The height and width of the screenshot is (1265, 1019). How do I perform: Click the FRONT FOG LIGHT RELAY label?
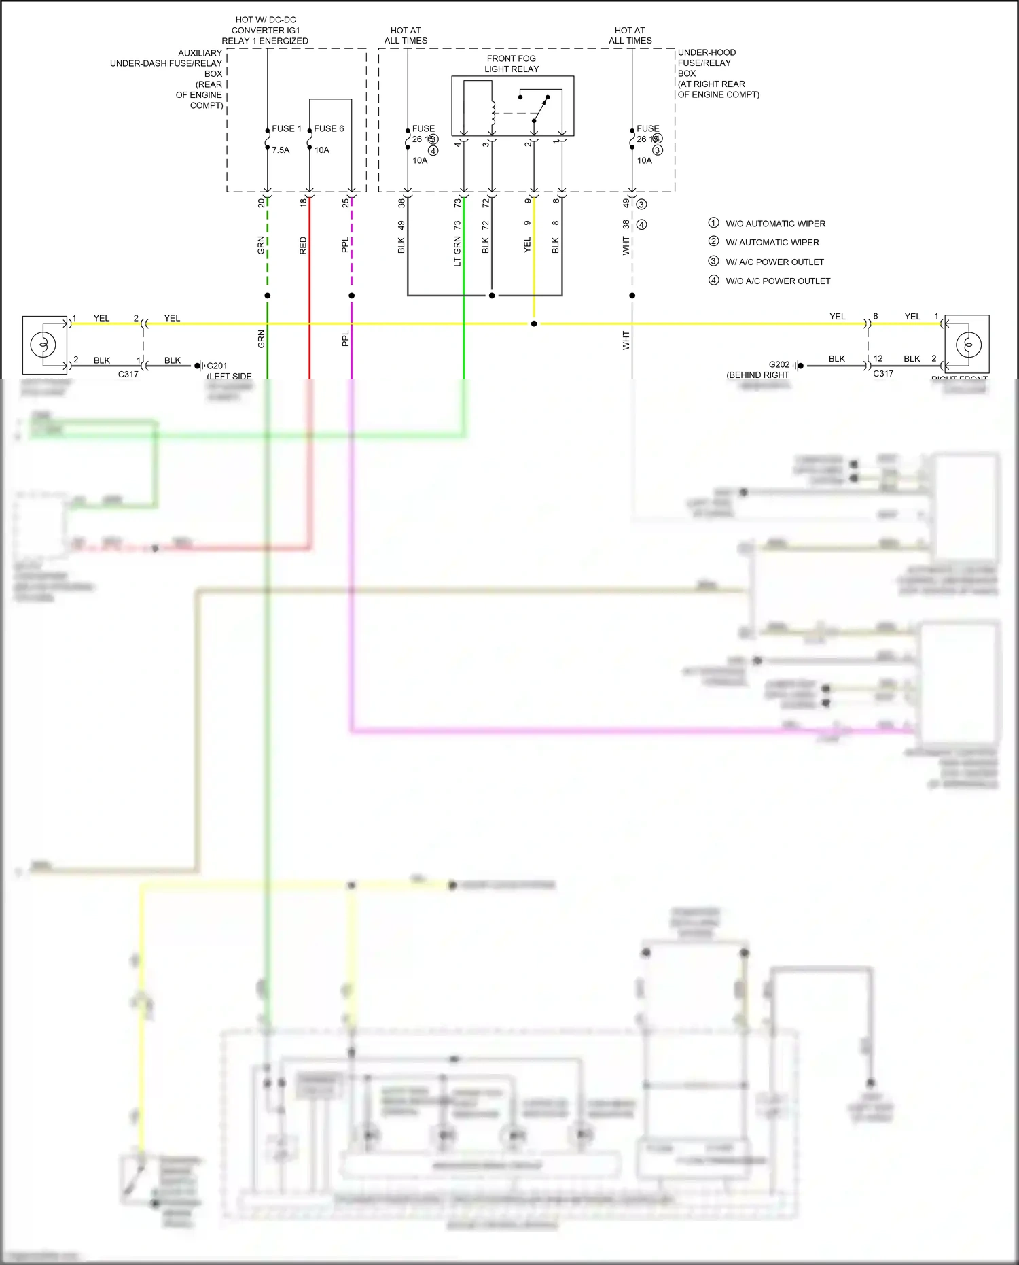(x=512, y=64)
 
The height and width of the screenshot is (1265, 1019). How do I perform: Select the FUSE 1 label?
(x=286, y=128)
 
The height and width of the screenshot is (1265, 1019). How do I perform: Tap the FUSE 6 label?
(x=329, y=128)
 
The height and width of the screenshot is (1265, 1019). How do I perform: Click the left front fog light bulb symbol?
(x=43, y=345)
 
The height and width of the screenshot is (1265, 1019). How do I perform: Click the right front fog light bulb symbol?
(x=968, y=345)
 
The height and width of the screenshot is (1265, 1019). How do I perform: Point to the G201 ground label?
(x=217, y=366)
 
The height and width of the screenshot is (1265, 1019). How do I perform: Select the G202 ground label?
(x=779, y=365)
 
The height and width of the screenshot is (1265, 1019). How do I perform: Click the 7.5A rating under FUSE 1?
(x=281, y=150)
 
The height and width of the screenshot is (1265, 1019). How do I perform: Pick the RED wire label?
(x=303, y=245)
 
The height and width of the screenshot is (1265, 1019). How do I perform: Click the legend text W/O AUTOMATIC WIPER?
(x=775, y=224)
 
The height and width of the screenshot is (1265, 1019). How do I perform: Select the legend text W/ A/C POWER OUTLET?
(x=774, y=262)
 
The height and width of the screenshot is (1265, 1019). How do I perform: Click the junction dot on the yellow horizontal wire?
(x=534, y=324)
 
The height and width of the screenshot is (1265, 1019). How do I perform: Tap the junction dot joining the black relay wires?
(x=492, y=296)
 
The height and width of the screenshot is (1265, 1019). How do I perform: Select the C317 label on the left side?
(x=128, y=375)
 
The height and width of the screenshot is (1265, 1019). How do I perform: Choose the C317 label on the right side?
(x=883, y=374)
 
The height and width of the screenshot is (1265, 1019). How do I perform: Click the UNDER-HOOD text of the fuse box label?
(x=707, y=52)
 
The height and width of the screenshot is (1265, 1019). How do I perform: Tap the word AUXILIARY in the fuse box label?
(x=200, y=53)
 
